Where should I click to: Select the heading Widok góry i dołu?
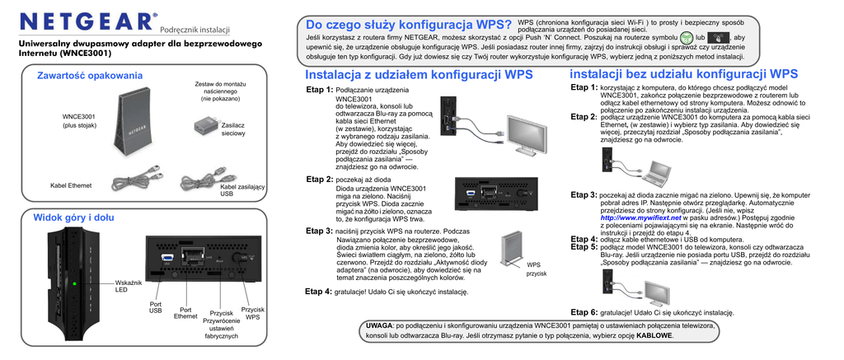click(x=73, y=217)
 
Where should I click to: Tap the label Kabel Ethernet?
click(x=71, y=185)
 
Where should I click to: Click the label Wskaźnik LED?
click(x=129, y=287)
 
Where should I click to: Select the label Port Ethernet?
click(x=185, y=313)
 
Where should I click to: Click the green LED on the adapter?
click(x=74, y=285)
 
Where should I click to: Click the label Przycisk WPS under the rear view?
click(x=253, y=313)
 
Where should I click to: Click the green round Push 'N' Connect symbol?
click(x=686, y=39)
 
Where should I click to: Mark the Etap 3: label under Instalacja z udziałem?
click(x=319, y=231)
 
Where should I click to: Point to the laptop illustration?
click(x=656, y=171)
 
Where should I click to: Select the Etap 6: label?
click(x=584, y=312)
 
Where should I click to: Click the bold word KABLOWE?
click(x=654, y=336)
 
